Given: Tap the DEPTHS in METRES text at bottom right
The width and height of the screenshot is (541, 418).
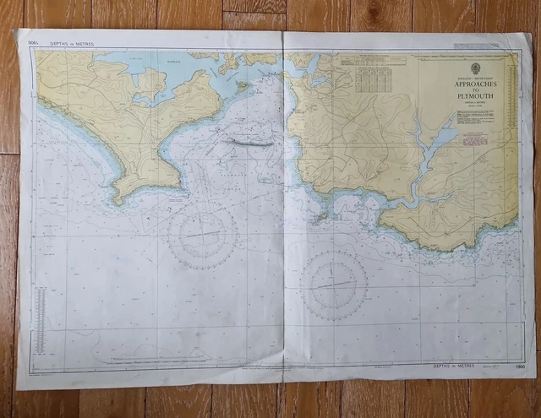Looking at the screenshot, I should tap(456, 366).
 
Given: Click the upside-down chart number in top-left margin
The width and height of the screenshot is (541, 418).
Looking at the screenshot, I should tap(34, 42).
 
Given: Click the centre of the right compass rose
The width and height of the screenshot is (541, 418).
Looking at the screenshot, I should tap(334, 285).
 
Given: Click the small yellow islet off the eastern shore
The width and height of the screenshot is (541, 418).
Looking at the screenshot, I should tap(322, 216).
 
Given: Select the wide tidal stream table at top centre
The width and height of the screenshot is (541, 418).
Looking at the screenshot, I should tap(372, 62).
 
